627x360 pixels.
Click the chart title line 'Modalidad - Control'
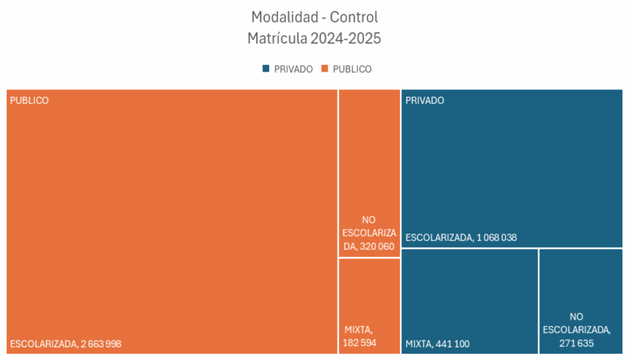pyautogui.click(x=314, y=17)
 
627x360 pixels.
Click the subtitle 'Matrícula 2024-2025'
pyautogui.click(x=314, y=39)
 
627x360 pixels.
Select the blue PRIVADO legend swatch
pyautogui.click(x=266, y=69)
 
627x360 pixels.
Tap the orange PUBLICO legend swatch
pyautogui.click(x=325, y=69)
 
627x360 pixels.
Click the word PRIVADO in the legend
pyautogui.click(x=293, y=69)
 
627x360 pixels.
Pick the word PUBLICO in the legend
pyautogui.click(x=351, y=69)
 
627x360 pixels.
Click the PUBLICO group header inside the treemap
pyautogui.click(x=29, y=100)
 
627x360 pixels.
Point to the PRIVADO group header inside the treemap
pyautogui.click(x=425, y=100)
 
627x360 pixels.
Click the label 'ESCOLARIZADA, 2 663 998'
pyautogui.click(x=66, y=343)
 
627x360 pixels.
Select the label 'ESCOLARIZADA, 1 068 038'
pyautogui.click(x=461, y=238)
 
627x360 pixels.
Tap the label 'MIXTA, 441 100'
pyautogui.click(x=437, y=344)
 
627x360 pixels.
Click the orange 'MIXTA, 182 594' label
pyautogui.click(x=361, y=336)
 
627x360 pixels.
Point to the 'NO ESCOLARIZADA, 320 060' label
pyautogui.click(x=369, y=233)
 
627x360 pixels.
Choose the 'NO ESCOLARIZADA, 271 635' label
pyautogui.click(x=576, y=330)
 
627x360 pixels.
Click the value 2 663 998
pyautogui.click(x=101, y=343)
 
